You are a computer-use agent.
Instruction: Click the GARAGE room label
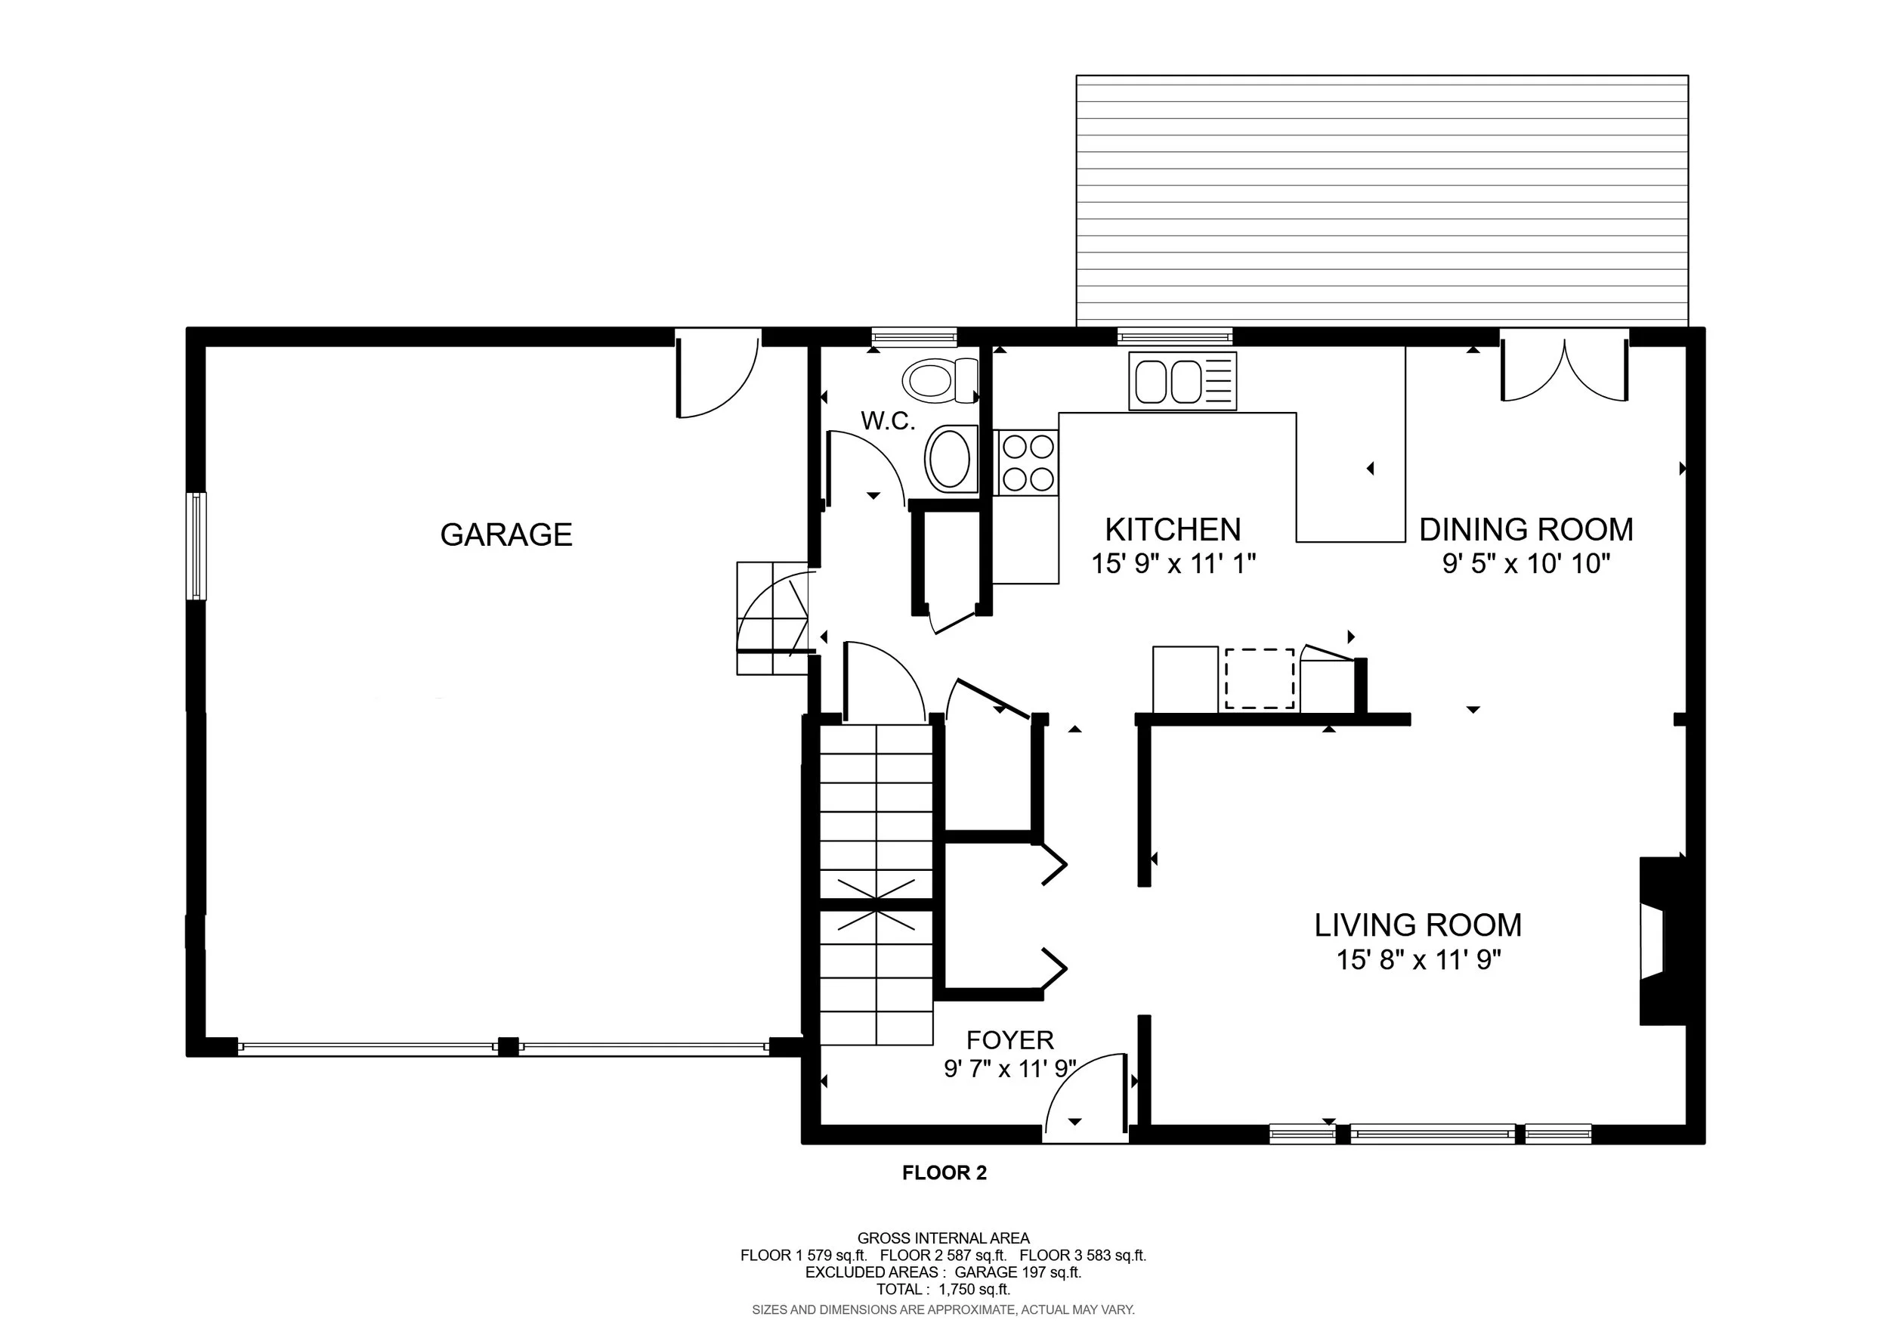pos(506,535)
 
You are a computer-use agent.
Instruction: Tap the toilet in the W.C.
pos(939,381)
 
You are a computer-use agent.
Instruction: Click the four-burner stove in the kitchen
pos(1026,463)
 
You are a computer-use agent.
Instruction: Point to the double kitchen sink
pos(1183,380)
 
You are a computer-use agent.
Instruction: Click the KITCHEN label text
pos(1173,529)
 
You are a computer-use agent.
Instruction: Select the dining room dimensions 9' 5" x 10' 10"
pos(1526,564)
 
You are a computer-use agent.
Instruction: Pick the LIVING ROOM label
pos(1418,925)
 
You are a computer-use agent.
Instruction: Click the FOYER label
pos(1009,1040)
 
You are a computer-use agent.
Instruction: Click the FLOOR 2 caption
pos(944,1174)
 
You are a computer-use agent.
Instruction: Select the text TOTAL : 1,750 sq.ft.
pos(943,1290)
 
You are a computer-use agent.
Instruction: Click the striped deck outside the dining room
pos(1382,202)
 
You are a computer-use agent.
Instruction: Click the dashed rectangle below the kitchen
pos(1260,678)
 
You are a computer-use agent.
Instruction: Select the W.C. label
pos(888,421)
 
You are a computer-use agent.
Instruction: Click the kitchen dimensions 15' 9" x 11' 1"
pos(1173,564)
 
